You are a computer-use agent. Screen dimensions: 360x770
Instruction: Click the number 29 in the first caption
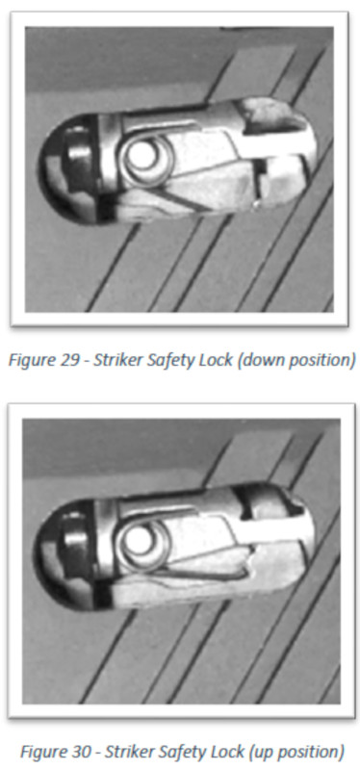tap(67, 360)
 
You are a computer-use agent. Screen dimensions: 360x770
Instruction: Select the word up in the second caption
tap(264, 753)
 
